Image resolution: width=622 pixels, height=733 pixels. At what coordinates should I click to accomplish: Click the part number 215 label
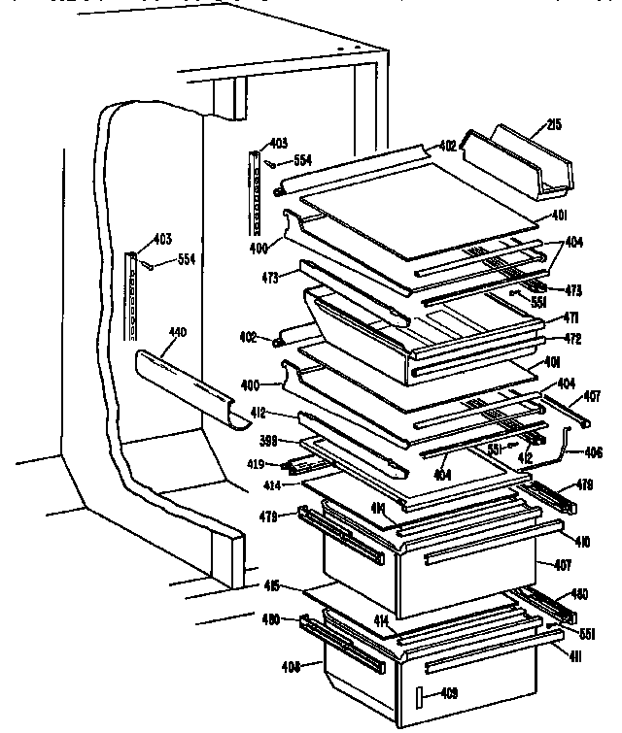556,125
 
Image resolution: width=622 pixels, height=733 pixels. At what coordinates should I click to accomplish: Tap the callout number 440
177,333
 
